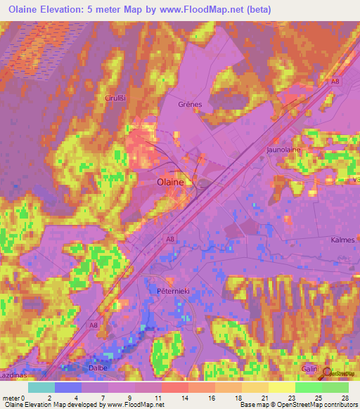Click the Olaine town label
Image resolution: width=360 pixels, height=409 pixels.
[169, 181]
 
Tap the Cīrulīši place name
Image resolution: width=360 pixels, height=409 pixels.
[116, 98]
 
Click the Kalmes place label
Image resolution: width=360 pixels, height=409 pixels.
[342, 240]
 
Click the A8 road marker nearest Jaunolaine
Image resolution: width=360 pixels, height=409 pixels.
[335, 82]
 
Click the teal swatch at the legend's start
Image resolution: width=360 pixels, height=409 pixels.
[41, 387]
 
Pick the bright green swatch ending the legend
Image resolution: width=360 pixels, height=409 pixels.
[335, 387]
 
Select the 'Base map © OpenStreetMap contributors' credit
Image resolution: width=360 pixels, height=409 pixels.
[297, 405]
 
